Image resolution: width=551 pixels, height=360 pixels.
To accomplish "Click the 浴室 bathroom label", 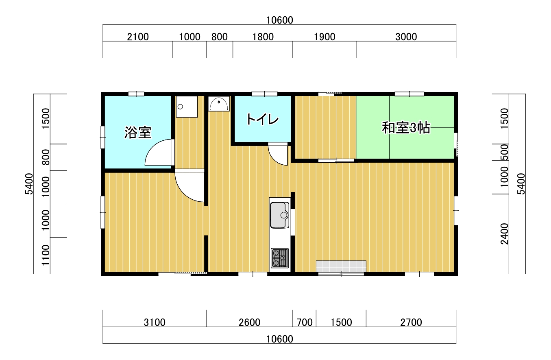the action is pyautogui.click(x=138, y=133).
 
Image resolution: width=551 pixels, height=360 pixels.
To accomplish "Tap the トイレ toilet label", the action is pyautogui.click(x=262, y=120).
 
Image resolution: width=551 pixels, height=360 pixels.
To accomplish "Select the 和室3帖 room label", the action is pyautogui.click(x=406, y=128).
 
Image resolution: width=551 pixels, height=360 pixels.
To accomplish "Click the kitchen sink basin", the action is pyautogui.click(x=280, y=215).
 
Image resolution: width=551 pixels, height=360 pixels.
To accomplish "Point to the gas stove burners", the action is pyautogui.click(x=280, y=258).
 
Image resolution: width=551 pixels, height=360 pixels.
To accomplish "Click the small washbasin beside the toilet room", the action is pyautogui.click(x=219, y=104).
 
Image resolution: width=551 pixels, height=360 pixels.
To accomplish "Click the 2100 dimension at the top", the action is pyautogui.click(x=138, y=37).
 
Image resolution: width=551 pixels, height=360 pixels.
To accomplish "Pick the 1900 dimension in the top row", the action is pyautogui.click(x=325, y=37).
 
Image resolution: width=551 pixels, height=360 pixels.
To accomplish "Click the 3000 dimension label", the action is pyautogui.click(x=406, y=37).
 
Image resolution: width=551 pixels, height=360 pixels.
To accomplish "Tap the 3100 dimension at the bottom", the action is pyautogui.click(x=155, y=322).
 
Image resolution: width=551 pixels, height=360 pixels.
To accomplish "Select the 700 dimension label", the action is pyautogui.click(x=305, y=322).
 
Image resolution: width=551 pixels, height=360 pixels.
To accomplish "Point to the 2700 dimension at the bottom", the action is pyautogui.click(x=411, y=322).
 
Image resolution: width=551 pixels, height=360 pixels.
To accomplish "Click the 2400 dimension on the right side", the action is pyautogui.click(x=504, y=234).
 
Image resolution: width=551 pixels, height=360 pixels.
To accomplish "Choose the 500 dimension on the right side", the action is pyautogui.click(x=504, y=152).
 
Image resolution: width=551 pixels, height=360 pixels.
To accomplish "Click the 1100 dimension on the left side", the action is pyautogui.click(x=46, y=255).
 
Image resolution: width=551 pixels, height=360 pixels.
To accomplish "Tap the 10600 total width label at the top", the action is pyautogui.click(x=280, y=20).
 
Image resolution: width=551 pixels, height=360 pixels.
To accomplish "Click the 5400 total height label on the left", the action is pyautogui.click(x=29, y=184).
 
